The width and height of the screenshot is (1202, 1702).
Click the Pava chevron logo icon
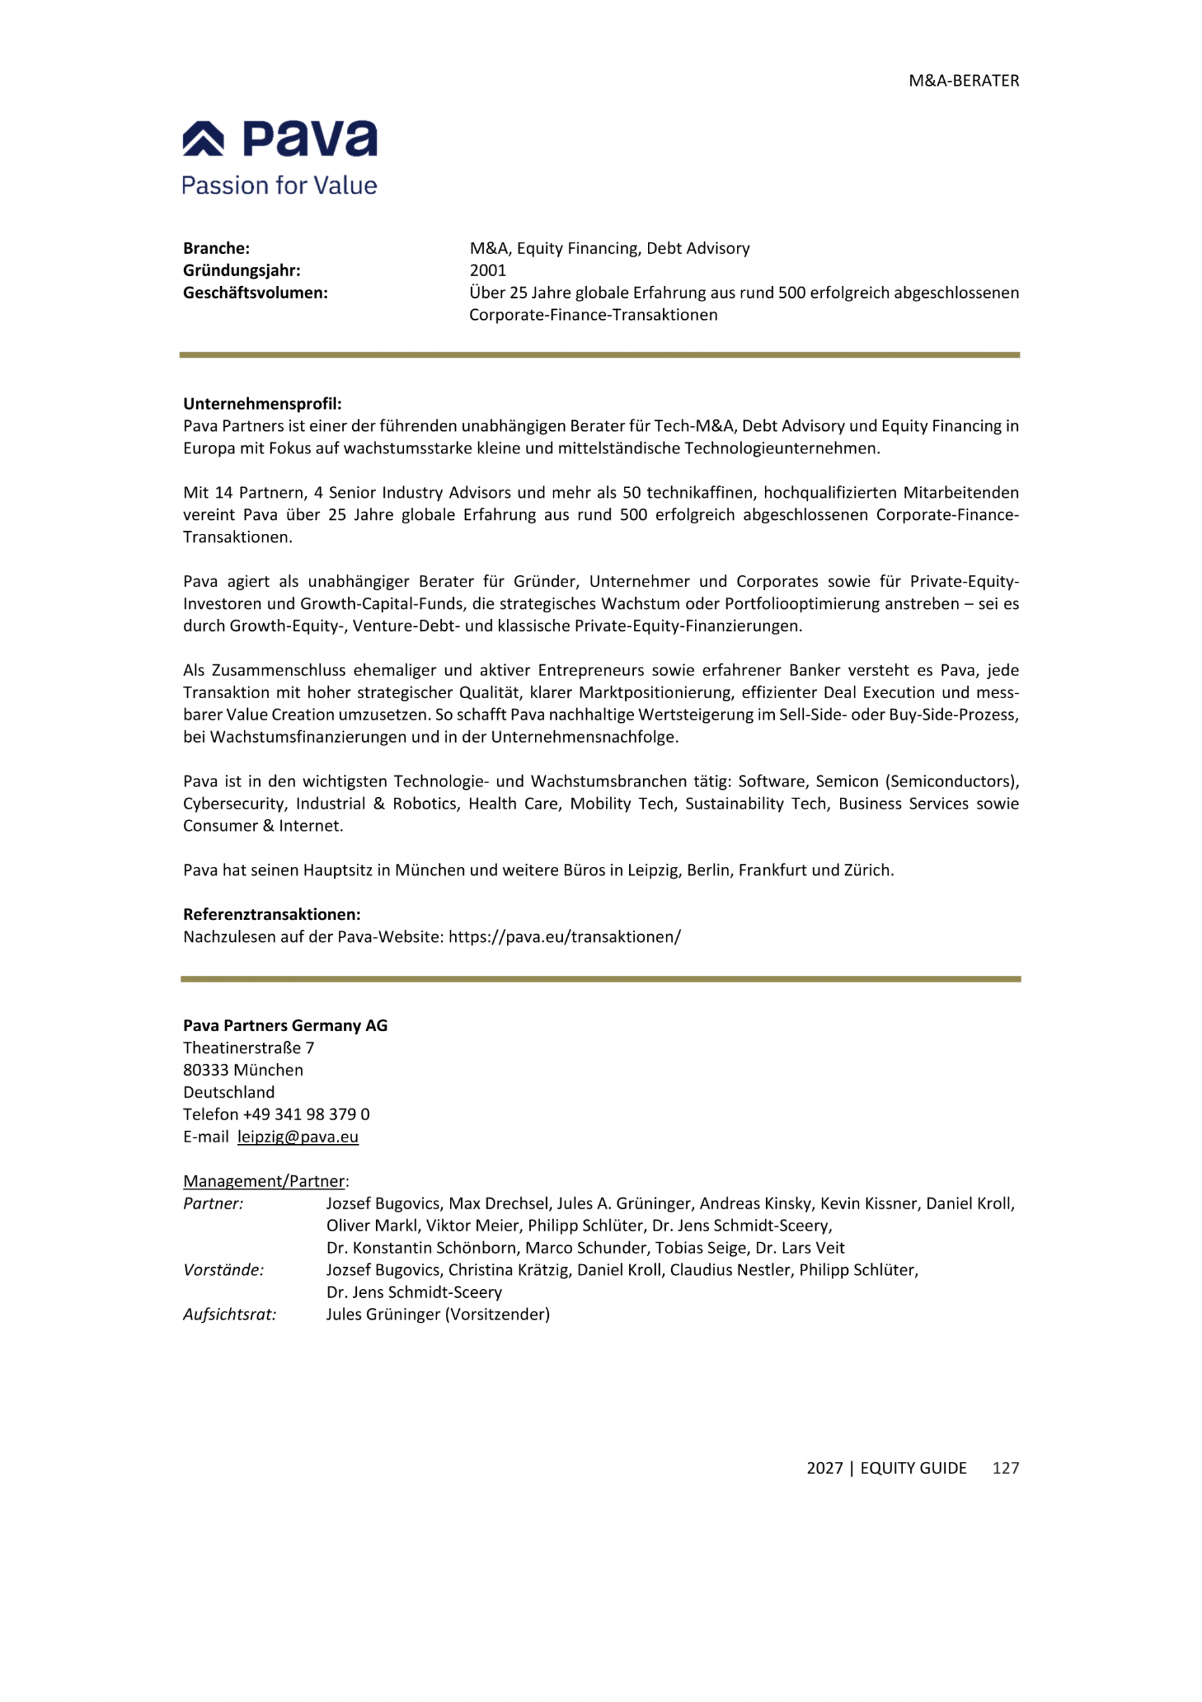click(x=203, y=139)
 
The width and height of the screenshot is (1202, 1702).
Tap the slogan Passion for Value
click(x=279, y=185)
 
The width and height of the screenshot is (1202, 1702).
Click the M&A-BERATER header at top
click(x=963, y=81)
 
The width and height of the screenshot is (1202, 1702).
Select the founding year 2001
click(x=488, y=271)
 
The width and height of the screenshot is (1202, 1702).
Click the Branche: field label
click(x=217, y=249)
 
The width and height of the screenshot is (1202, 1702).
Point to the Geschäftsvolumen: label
click(x=255, y=293)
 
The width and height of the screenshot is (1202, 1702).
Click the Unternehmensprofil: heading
click(x=262, y=404)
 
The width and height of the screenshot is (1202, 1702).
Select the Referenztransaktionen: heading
click(x=272, y=915)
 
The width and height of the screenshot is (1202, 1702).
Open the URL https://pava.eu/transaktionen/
click(x=565, y=937)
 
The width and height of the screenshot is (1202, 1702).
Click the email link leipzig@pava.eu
click(x=298, y=1137)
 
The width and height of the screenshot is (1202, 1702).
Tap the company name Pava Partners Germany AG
click(x=285, y=1026)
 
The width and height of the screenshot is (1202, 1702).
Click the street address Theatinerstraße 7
click(x=249, y=1048)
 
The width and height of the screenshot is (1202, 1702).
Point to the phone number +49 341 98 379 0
click(x=306, y=1115)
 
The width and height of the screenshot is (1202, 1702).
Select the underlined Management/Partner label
click(x=264, y=1181)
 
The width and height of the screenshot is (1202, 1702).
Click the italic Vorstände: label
click(x=223, y=1271)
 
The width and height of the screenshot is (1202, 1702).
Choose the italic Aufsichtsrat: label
click(x=230, y=1315)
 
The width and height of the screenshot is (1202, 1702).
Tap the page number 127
click(x=1005, y=1469)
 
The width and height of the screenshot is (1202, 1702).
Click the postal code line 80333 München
click(x=243, y=1070)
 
